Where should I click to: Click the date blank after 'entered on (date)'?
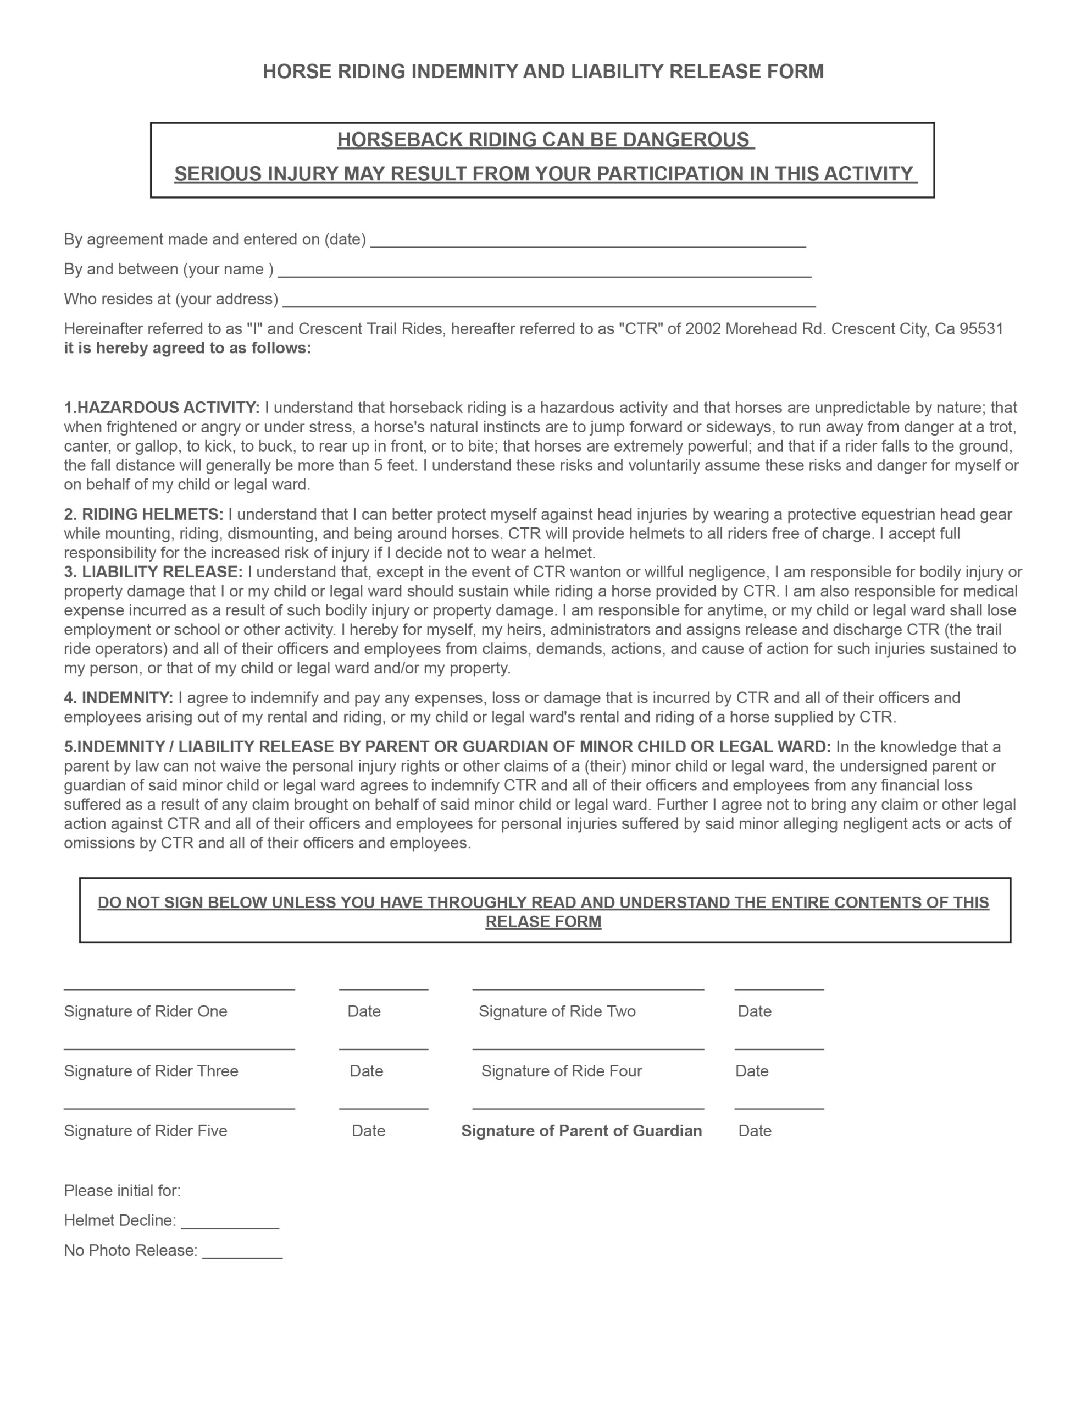[x=587, y=241]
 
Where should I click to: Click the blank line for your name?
[x=544, y=271]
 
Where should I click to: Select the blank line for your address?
[x=549, y=300]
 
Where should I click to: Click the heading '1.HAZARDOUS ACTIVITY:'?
[x=162, y=408]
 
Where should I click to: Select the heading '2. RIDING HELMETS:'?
[x=143, y=514]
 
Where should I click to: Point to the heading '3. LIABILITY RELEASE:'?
[x=153, y=572]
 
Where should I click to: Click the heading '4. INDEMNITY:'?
[x=119, y=697]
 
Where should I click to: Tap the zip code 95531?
[x=981, y=329]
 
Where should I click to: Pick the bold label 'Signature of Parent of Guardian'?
[x=581, y=1130]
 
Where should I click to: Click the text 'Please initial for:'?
[x=123, y=1190]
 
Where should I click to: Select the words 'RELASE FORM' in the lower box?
[x=543, y=921]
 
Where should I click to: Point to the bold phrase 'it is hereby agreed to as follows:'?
[x=187, y=348]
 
